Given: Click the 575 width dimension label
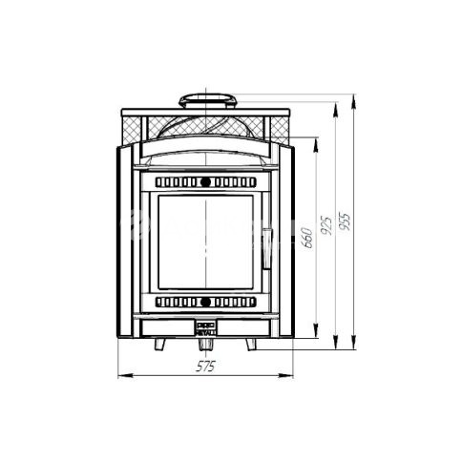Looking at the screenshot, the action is click(x=205, y=367).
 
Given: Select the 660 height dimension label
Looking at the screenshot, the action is click(x=307, y=238).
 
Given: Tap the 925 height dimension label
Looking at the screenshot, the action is click(x=326, y=225).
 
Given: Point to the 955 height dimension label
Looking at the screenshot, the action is click(x=345, y=220).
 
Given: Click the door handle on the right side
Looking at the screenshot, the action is click(x=266, y=248).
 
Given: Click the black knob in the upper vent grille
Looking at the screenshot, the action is click(x=205, y=182).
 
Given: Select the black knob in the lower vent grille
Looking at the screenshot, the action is click(x=205, y=302).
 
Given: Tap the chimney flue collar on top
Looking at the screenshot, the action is click(x=208, y=101).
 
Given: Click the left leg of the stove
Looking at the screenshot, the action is click(x=159, y=345).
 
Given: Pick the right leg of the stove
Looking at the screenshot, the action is click(x=251, y=345).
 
